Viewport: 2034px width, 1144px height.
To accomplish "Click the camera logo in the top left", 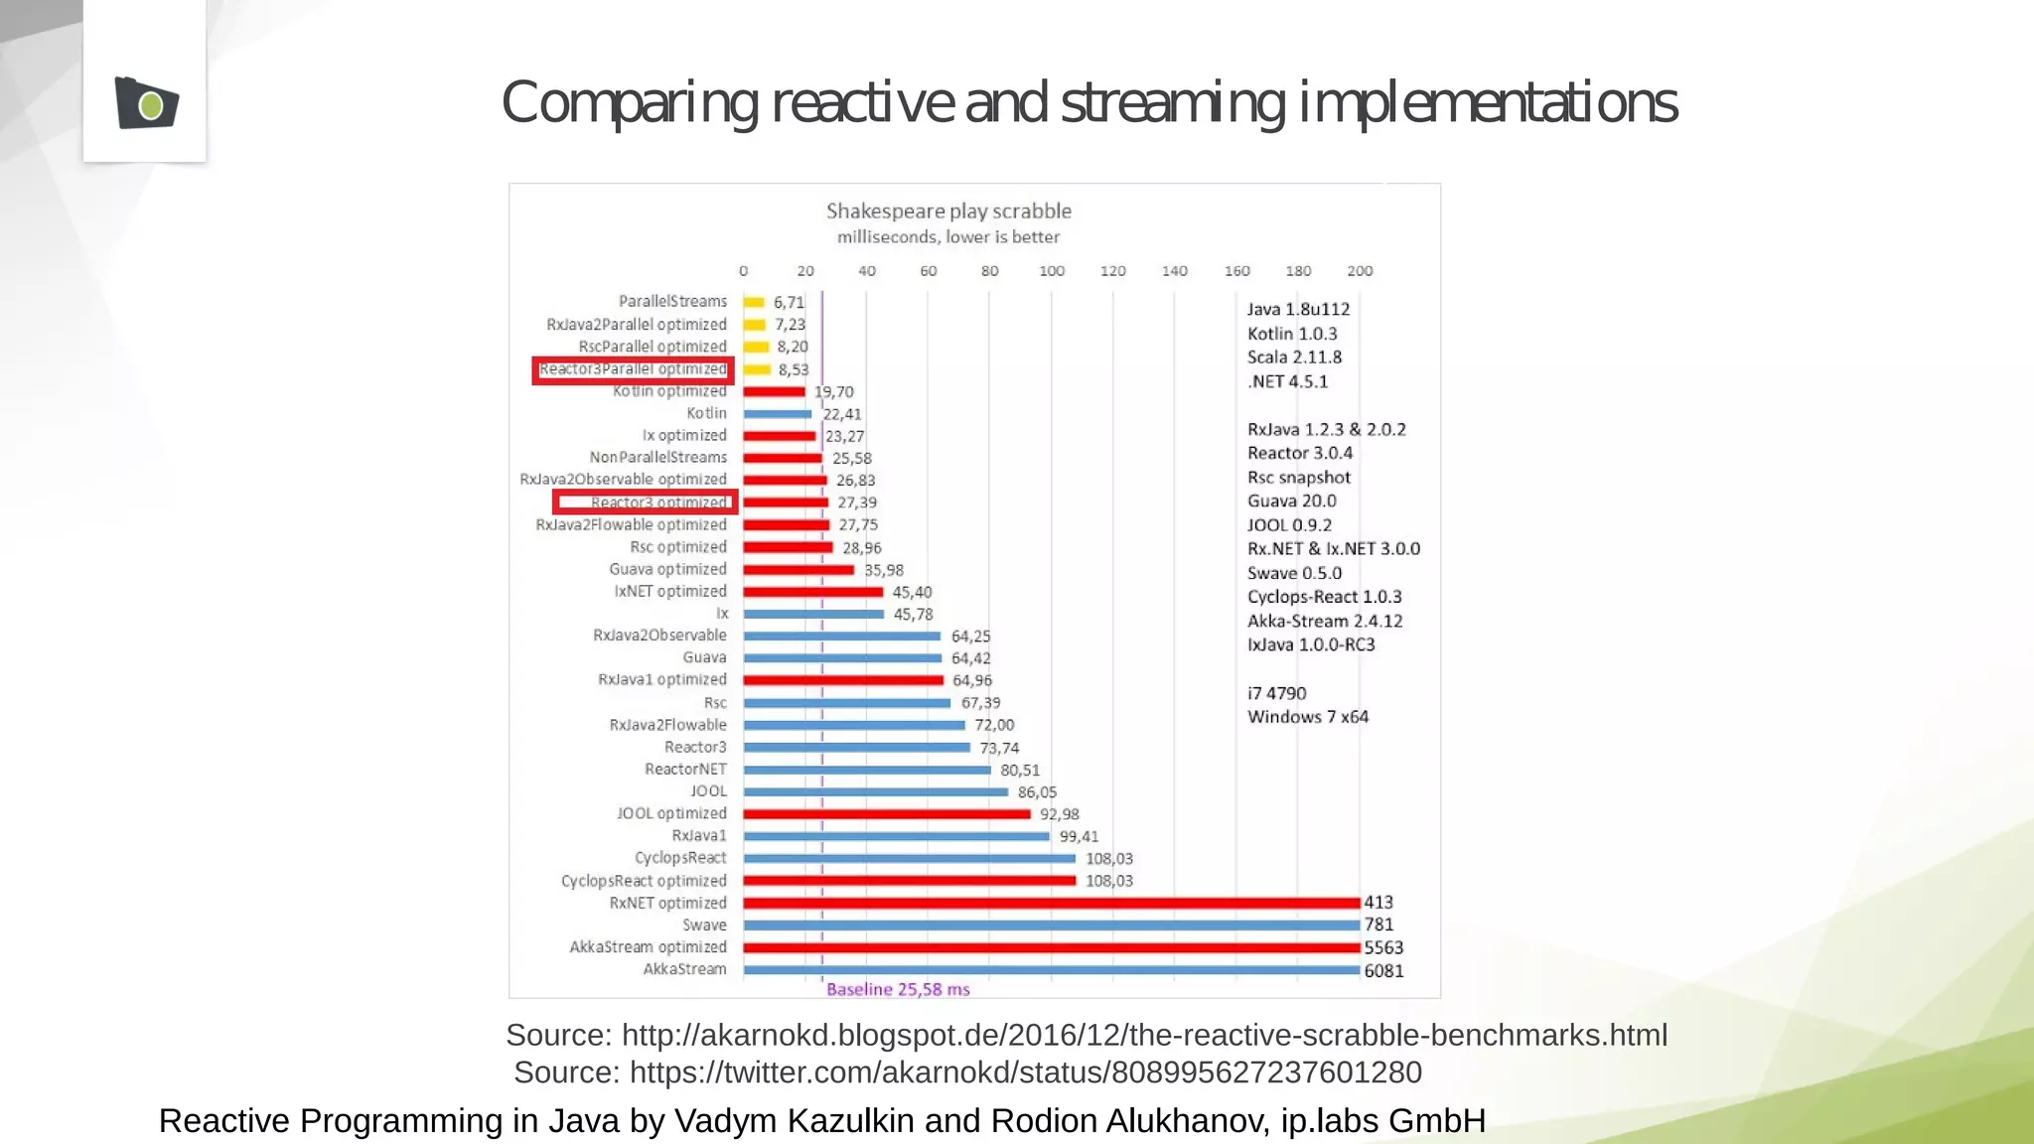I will click(146, 103).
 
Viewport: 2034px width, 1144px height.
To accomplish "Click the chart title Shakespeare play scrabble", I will click(948, 211).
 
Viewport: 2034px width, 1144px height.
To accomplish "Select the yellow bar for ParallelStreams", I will click(754, 302).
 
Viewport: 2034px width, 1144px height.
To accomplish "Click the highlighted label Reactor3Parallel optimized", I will click(633, 369).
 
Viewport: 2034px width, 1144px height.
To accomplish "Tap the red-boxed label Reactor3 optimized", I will click(657, 502).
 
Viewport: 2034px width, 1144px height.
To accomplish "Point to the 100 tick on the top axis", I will click(1051, 271).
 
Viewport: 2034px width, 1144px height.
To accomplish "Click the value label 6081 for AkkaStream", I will click(1383, 971).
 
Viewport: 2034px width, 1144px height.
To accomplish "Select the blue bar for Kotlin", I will click(777, 414).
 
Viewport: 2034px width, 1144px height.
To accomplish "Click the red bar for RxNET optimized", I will click(1051, 903).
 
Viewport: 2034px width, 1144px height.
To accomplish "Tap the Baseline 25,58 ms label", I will click(898, 989).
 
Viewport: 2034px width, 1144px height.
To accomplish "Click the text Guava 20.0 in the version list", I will click(1292, 501).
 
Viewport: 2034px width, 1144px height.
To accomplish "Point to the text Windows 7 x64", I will click(1308, 717).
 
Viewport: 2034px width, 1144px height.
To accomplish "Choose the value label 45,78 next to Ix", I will click(913, 615).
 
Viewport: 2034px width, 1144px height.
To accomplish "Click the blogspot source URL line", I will click(1087, 1035).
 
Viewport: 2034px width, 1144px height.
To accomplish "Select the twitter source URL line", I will click(968, 1072).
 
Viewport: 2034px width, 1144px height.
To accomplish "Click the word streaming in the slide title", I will click(1172, 103).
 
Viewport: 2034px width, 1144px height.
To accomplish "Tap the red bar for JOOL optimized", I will click(886, 814).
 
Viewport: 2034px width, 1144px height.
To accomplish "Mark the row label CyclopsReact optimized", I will click(644, 881).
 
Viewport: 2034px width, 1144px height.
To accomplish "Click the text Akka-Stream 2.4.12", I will click(1325, 622).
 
